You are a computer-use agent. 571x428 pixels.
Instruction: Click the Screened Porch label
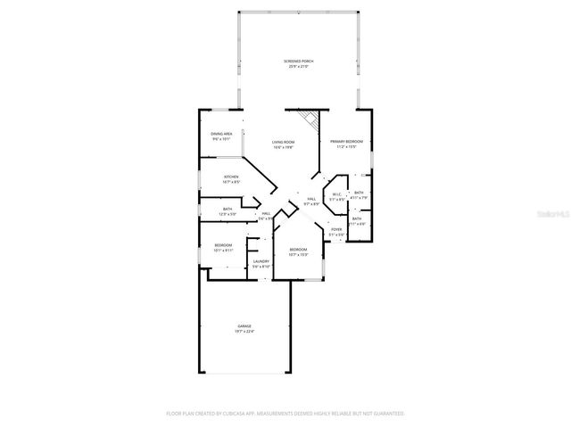[299, 61]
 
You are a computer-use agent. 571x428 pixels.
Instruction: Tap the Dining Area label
[221, 134]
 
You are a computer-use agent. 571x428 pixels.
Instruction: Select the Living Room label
[284, 142]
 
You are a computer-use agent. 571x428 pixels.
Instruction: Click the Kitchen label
[231, 177]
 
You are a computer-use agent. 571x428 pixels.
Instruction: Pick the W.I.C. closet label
[337, 194]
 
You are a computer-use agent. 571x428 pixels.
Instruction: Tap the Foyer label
[336, 230]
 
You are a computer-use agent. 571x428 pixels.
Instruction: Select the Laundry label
[261, 261]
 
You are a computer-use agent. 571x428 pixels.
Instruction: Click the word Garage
[244, 325]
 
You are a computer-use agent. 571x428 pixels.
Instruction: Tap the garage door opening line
[244, 373]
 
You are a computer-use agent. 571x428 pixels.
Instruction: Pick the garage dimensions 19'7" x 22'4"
[244, 331]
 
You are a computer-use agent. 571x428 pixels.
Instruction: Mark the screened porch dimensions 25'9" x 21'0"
[299, 67]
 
